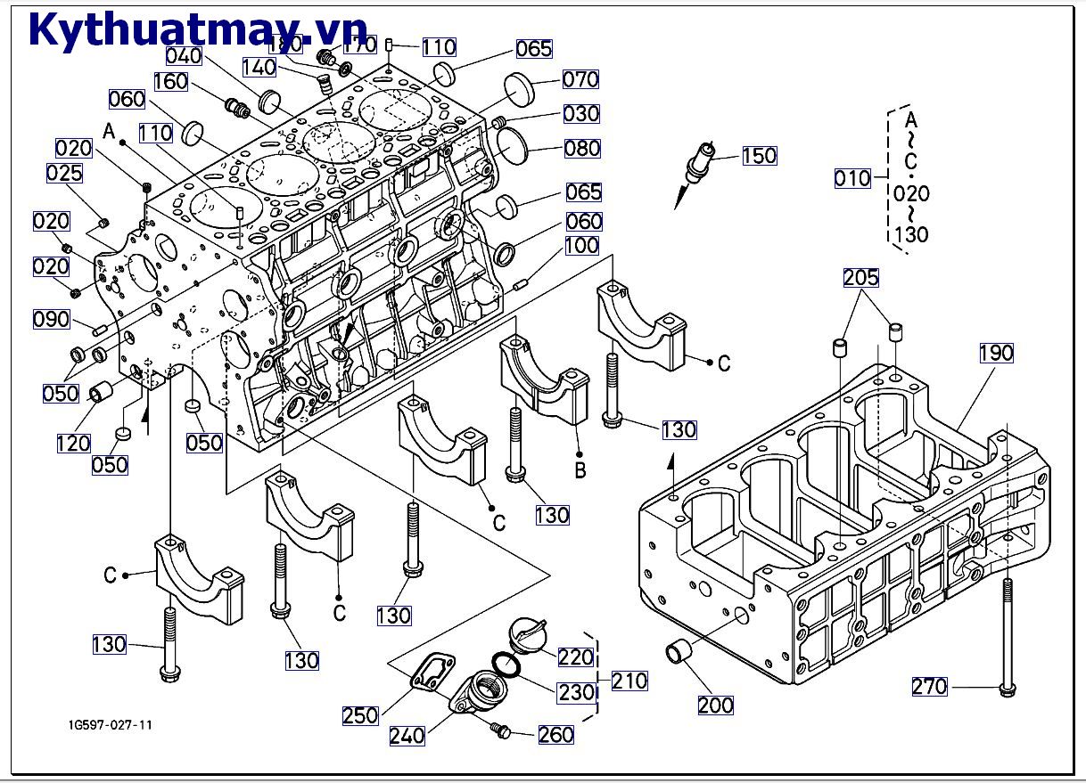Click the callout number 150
[759, 156]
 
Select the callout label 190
[996, 353]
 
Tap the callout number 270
[929, 687]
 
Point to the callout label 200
[715, 706]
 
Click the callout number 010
[852, 178]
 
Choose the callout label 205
[861, 278]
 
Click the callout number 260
[555, 735]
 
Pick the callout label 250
[360, 715]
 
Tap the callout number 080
[582, 148]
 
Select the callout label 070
[580, 79]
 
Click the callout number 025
[64, 173]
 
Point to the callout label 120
[73, 443]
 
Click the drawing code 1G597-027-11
[110, 724]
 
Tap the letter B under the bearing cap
[580, 469]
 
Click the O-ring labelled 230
[506, 663]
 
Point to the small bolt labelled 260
[501, 730]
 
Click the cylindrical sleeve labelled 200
[682, 654]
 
